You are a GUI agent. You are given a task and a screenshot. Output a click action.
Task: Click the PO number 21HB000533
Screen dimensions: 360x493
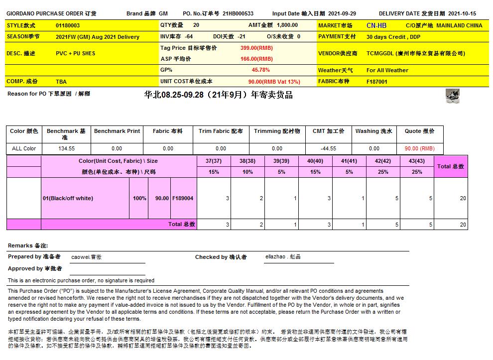point(238,14)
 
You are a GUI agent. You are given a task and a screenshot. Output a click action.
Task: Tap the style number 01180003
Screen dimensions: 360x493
point(68,25)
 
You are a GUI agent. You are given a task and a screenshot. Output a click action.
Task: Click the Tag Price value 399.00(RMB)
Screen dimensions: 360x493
point(256,48)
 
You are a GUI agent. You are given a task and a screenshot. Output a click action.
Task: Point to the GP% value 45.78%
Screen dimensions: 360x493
point(260,70)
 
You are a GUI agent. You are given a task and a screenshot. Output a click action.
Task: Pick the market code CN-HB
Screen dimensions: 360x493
point(376,25)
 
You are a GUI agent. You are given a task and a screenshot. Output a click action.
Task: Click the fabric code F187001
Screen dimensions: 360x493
point(377,82)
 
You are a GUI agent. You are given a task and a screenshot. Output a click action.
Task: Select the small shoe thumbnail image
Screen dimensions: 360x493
point(452,96)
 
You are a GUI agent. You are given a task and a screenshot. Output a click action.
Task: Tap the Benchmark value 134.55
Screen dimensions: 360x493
point(66,148)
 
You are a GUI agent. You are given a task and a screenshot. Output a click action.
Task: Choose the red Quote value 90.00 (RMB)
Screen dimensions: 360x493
point(419,148)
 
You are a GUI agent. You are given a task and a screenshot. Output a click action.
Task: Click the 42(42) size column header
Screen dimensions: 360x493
point(382,161)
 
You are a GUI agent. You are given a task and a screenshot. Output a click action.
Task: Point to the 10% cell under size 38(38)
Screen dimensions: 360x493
point(247,172)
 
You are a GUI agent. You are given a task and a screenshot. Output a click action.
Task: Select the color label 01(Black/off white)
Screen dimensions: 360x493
point(68,198)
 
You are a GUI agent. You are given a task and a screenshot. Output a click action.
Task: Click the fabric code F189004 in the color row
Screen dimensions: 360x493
point(183,198)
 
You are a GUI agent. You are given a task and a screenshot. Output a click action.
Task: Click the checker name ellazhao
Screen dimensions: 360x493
point(282,257)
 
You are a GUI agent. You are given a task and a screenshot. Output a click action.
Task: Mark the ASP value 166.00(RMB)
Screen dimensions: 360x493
point(256,59)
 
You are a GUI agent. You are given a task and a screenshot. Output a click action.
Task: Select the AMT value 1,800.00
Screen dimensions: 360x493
point(287,25)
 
